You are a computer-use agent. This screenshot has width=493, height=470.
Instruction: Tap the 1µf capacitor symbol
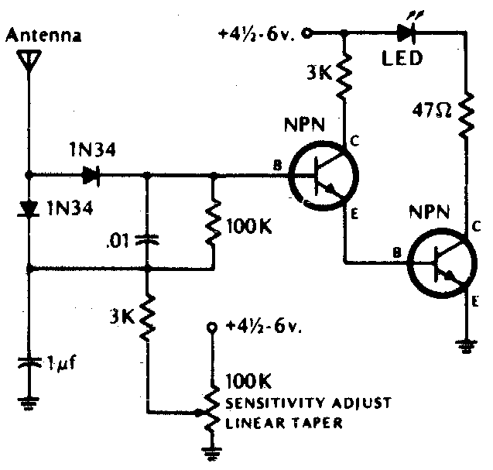[29, 362]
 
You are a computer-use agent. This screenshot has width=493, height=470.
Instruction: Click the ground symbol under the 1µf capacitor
[29, 402]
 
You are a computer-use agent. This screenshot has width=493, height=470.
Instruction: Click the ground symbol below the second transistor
[466, 347]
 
